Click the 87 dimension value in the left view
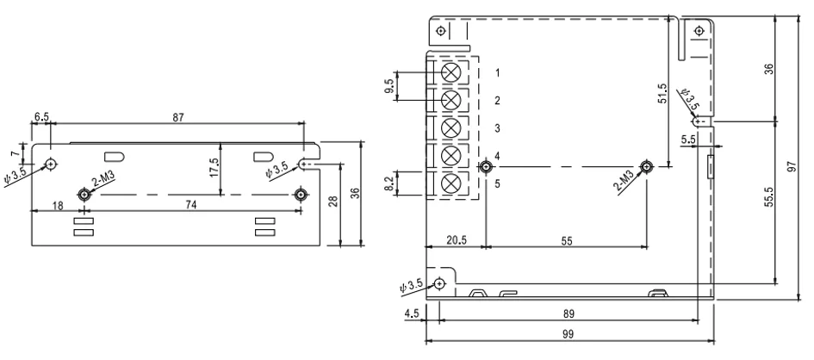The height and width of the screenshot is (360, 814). click(x=178, y=118)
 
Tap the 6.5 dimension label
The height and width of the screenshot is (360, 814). click(x=41, y=117)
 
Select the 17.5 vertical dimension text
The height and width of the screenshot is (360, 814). click(x=214, y=168)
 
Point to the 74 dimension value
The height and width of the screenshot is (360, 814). click(x=191, y=205)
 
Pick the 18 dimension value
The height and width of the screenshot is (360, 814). click(x=58, y=206)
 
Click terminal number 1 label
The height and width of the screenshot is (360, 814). click(x=497, y=73)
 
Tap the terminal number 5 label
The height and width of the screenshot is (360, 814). click(x=497, y=183)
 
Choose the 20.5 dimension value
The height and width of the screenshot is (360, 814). click(x=457, y=240)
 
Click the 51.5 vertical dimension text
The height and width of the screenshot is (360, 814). click(x=662, y=94)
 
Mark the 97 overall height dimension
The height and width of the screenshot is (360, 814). click(x=791, y=167)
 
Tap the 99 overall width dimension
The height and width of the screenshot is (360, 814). click(x=569, y=334)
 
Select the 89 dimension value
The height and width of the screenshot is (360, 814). click(x=569, y=313)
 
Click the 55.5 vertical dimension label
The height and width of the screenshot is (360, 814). click(x=769, y=197)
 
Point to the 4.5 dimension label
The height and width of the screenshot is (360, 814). click(x=412, y=313)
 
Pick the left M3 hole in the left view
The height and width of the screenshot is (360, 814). click(x=84, y=195)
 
